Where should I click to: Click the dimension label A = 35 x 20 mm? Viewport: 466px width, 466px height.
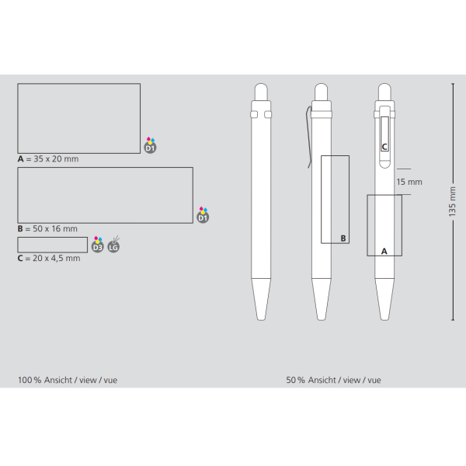click(x=48, y=159)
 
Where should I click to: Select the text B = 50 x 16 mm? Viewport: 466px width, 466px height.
click(x=47, y=229)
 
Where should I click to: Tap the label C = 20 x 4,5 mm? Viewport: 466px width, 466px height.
click(x=49, y=259)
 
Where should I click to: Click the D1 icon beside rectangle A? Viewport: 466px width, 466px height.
click(x=151, y=146)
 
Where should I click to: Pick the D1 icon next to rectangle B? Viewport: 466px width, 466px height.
click(x=203, y=215)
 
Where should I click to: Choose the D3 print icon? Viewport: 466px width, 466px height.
click(x=98, y=245)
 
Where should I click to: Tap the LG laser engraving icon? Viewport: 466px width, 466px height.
click(x=113, y=245)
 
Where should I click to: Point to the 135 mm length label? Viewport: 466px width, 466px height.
click(x=452, y=201)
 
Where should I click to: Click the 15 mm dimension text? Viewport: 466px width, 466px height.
click(x=409, y=182)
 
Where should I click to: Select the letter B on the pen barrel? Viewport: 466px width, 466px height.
click(x=343, y=238)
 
